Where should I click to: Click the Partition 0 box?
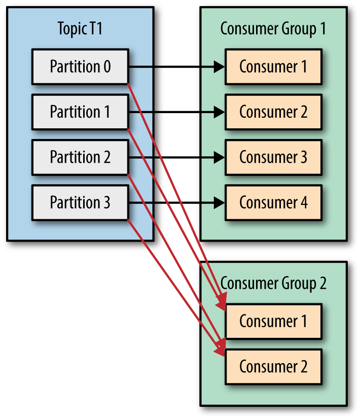[80, 66]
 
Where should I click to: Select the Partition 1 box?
[80, 112]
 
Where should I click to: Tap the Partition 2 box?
[80, 157]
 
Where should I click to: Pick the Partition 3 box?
[80, 203]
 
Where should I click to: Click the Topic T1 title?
[80, 29]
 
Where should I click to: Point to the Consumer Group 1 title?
[273, 29]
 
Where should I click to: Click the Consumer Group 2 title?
[273, 283]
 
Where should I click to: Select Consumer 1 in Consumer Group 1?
[273, 66]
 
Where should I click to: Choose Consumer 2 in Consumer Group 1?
[273, 112]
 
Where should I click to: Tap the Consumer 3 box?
[273, 157]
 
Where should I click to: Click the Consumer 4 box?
[273, 203]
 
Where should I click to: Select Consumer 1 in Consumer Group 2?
[273, 321]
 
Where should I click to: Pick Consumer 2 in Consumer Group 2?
[273, 367]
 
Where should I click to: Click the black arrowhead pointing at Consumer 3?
[219, 157]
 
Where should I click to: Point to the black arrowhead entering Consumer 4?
[219, 203]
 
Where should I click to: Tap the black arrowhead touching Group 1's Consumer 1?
[219, 66]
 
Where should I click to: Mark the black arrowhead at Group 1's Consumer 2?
[219, 112]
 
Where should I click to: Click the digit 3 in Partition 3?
[106, 203]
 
